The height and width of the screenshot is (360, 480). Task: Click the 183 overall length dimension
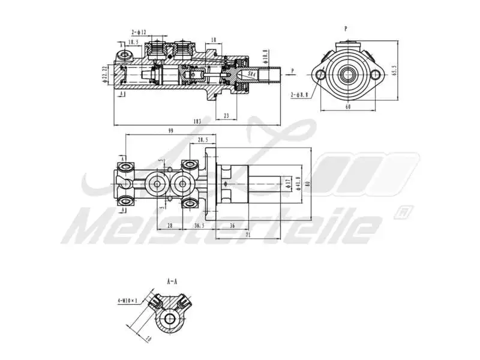point(197,121)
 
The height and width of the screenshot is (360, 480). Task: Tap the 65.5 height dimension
point(394,71)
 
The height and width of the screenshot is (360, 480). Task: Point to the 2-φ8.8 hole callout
point(299,94)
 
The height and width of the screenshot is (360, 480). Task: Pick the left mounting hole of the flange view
point(320,75)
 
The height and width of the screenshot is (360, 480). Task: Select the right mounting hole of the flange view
point(376,75)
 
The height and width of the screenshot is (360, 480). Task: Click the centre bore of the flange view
point(348,75)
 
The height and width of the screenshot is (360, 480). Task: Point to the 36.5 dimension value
point(199,225)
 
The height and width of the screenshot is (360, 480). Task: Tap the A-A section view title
point(172,280)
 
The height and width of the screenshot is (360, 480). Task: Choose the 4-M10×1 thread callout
point(128,300)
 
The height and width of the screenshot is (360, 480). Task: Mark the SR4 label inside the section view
point(252,74)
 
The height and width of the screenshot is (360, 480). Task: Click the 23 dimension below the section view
point(226,116)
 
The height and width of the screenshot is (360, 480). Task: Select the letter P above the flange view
point(346,28)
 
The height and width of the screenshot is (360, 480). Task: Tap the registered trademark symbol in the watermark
point(403,211)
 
